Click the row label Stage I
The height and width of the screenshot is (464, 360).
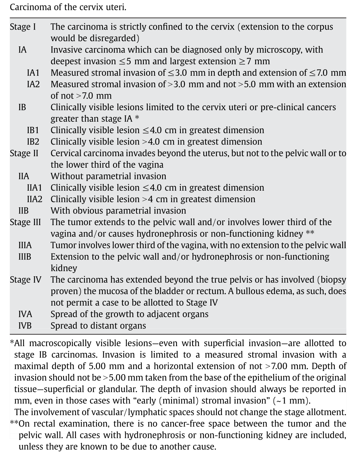[x=23, y=27]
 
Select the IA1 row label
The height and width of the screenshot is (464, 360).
[x=33, y=73]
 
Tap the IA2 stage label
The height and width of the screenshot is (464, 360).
[x=33, y=84]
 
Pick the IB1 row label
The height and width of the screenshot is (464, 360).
[x=33, y=130]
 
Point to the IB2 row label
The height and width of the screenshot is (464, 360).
[x=33, y=142]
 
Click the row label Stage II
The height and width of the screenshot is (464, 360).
[x=24, y=153]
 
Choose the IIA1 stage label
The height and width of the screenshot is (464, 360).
[x=34, y=188]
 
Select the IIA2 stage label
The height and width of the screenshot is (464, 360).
[x=35, y=199]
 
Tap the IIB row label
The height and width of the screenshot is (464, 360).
[x=23, y=211]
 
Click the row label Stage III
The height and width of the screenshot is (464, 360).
[x=25, y=223]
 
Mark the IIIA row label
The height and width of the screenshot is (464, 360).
[x=25, y=245]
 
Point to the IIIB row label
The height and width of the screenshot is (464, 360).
[x=25, y=257]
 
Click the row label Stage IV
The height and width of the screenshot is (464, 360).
[x=25, y=280]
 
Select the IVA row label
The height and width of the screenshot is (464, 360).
[x=25, y=314]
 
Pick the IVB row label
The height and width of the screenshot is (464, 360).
[x=25, y=326]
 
